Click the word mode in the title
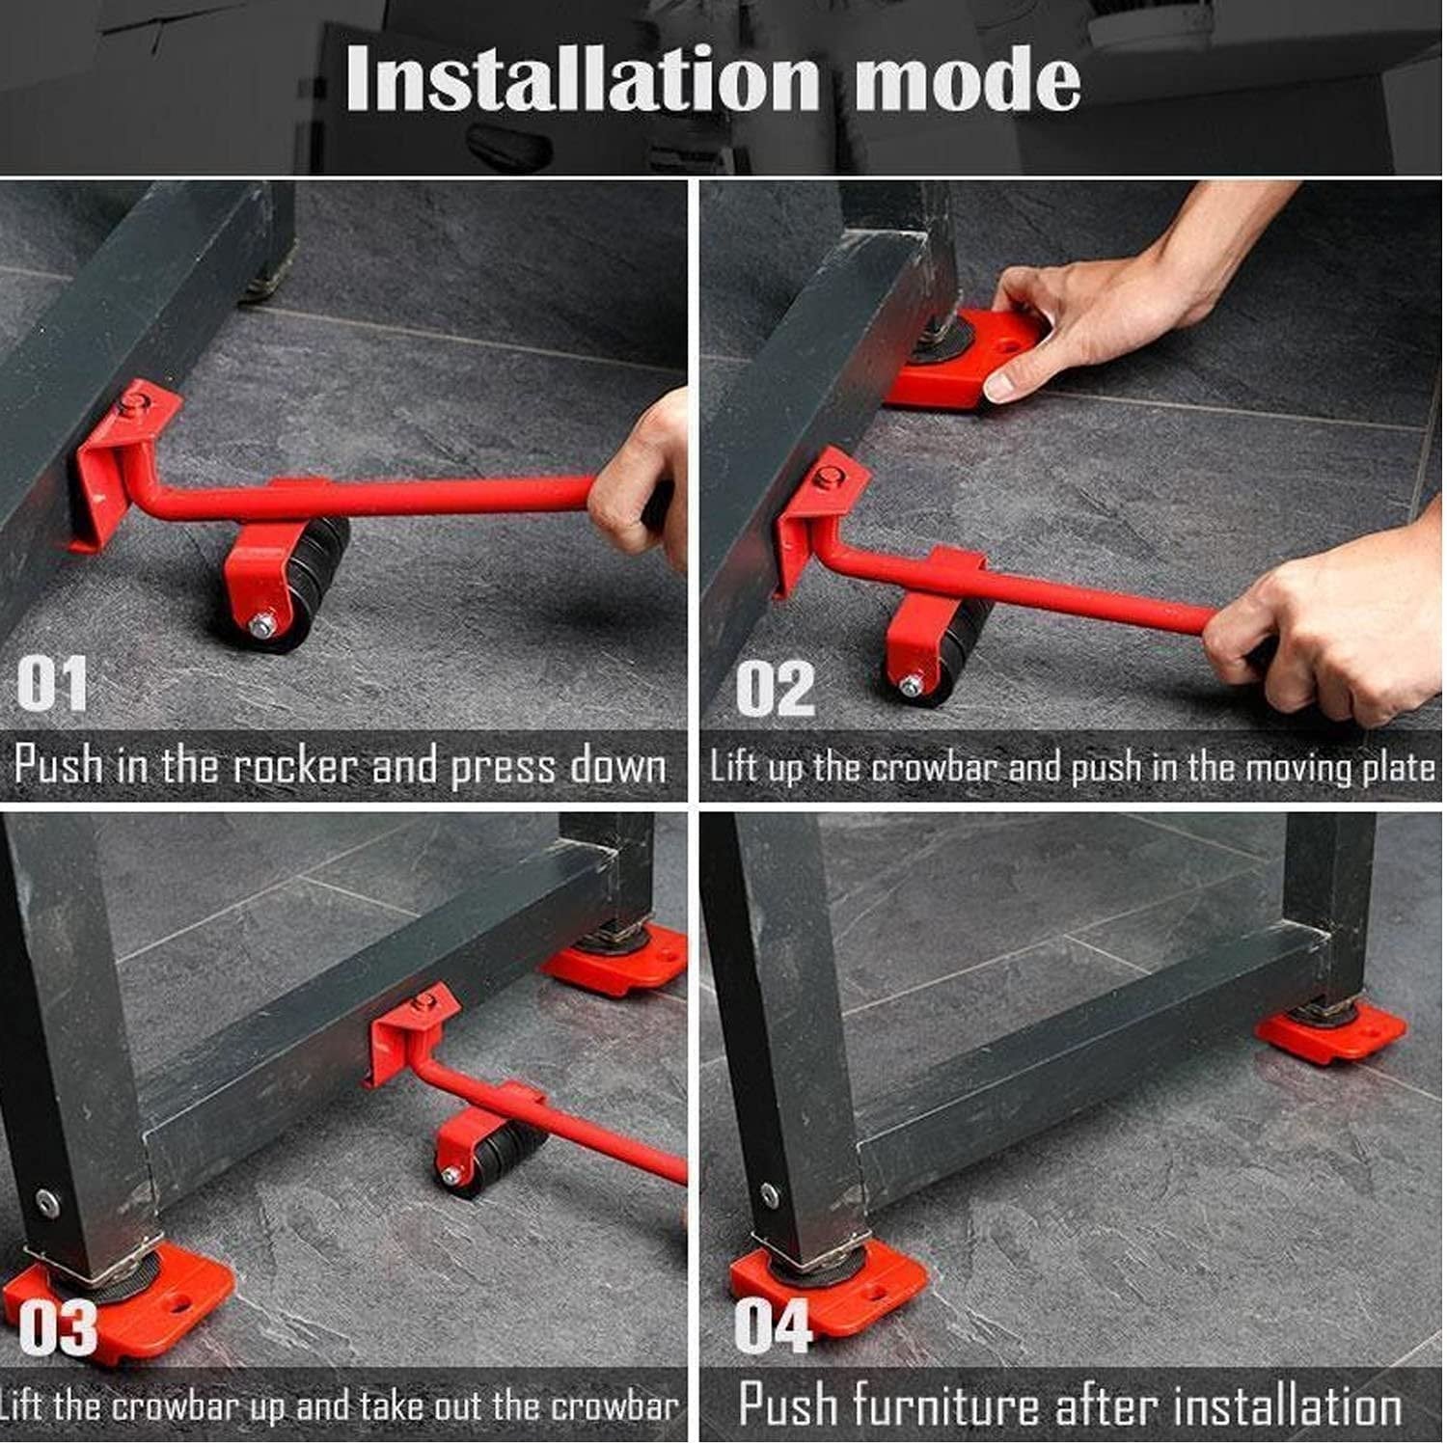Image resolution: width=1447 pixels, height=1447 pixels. coord(967,81)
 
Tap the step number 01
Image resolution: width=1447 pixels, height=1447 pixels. coord(52,684)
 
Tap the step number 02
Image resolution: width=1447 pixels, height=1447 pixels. coord(775,689)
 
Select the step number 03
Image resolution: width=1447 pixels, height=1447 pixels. coord(58,1328)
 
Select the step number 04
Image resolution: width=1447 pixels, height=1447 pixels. coord(773,1326)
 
